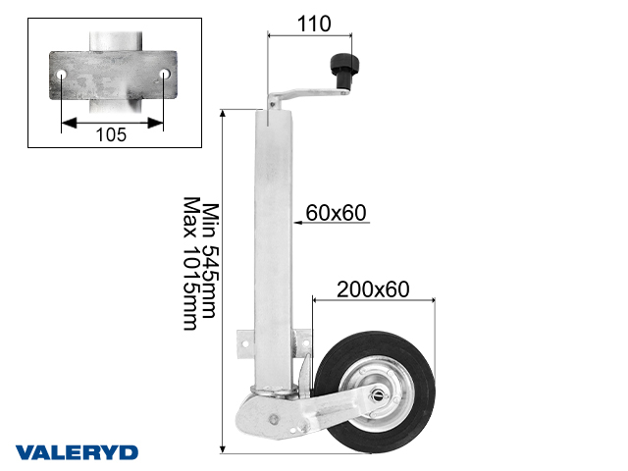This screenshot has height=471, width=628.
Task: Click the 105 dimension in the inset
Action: pos(112,134)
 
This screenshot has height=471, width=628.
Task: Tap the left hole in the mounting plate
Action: pos(62,75)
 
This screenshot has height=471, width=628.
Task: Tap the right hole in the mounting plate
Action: pos(164,75)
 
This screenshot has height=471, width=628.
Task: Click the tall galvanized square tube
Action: pos(275,245)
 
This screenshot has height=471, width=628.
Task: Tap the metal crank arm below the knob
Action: pos(304,95)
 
